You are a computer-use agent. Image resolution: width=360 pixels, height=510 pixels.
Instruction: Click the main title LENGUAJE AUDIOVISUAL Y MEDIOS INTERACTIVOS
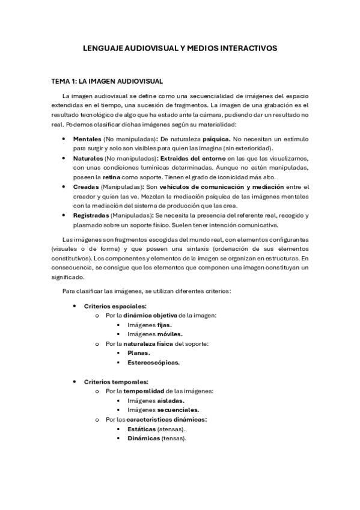click(x=180, y=50)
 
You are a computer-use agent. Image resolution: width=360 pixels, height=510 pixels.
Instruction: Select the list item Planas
click(x=138, y=353)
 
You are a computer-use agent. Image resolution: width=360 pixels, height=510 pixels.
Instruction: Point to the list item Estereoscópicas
click(x=153, y=363)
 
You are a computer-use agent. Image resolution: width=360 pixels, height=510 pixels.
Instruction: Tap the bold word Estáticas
click(x=141, y=429)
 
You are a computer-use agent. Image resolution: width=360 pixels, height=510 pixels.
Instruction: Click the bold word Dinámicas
click(x=144, y=438)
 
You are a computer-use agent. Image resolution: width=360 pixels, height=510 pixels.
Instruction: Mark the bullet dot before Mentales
click(x=65, y=139)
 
